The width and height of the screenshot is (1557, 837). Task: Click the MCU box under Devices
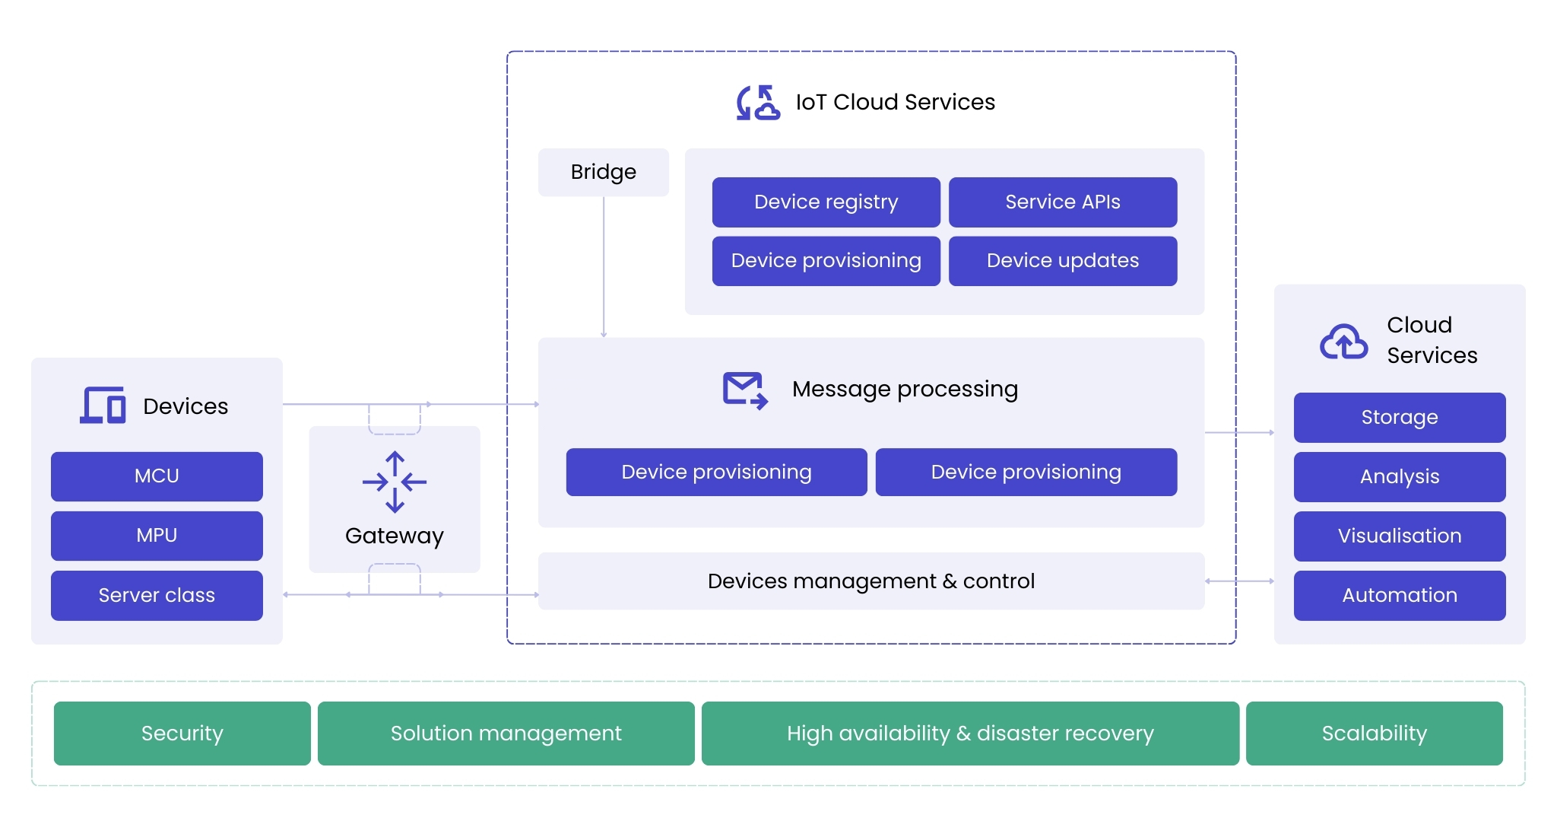click(157, 476)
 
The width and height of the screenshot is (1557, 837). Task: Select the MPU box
click(157, 536)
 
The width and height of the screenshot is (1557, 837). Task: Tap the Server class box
click(157, 595)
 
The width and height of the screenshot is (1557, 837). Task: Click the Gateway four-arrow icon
click(395, 482)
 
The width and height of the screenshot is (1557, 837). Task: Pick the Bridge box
click(604, 172)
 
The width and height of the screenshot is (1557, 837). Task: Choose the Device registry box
click(826, 202)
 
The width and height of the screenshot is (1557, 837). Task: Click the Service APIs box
click(1062, 202)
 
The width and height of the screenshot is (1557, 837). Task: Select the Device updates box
click(1062, 261)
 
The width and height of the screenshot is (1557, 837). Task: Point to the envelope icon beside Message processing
click(744, 390)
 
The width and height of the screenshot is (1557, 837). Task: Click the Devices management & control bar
click(870, 581)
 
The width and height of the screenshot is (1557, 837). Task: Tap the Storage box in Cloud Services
click(1399, 417)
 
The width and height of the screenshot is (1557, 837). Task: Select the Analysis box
click(1399, 476)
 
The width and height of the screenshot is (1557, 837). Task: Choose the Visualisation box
click(1399, 536)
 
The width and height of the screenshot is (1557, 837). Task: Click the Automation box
click(1399, 595)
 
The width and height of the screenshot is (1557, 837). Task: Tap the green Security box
click(182, 734)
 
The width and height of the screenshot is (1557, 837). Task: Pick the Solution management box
click(506, 734)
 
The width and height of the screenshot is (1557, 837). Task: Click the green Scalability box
click(1374, 734)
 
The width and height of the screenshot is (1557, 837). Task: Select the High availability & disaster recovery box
click(970, 734)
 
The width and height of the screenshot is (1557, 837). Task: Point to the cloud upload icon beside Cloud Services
click(1343, 341)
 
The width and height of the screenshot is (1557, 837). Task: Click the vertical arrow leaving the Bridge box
click(604, 266)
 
